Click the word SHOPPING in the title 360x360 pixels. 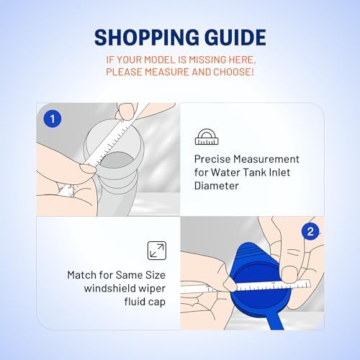pyautogui.click(x=146, y=37)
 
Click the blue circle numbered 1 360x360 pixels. pyautogui.click(x=53, y=119)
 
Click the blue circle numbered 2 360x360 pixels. pyautogui.click(x=310, y=232)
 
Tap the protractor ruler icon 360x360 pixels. pyautogui.click(x=207, y=137)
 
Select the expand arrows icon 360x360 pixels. pyautogui.click(x=157, y=251)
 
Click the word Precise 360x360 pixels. pyautogui.click(x=212, y=159)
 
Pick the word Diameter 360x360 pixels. pyautogui.click(x=217, y=186)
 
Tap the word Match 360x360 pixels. pyautogui.click(x=81, y=275)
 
